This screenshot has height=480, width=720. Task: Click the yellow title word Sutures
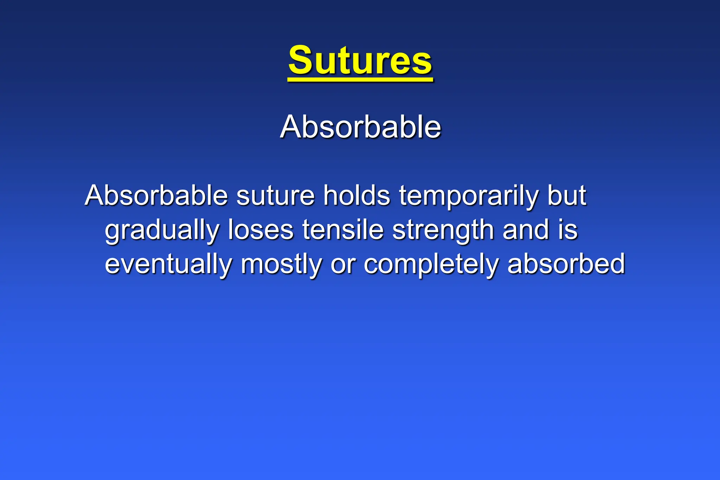click(x=360, y=60)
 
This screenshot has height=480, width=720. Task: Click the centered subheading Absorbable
click(x=360, y=127)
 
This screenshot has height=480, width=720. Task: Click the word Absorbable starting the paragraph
click(x=156, y=195)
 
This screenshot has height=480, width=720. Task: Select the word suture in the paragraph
click(x=275, y=196)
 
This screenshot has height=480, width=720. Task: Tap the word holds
click(x=356, y=195)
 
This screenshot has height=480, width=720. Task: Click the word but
click(x=566, y=195)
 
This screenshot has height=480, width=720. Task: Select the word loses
click(x=261, y=230)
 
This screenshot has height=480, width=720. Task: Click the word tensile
click(x=343, y=230)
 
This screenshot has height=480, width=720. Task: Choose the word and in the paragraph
click(x=526, y=230)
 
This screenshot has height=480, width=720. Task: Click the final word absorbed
click(x=566, y=264)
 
